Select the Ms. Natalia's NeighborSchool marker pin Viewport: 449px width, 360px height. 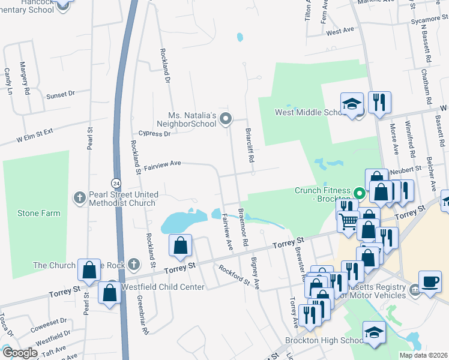click(226, 119)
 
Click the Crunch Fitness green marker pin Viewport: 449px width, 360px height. click(360, 194)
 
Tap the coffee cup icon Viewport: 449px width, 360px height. click(430, 281)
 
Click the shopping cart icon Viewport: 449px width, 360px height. click(348, 222)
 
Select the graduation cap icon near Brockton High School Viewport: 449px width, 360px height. click(374, 332)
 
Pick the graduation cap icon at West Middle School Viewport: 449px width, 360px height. click(352, 104)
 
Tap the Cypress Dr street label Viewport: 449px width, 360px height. click(154, 134)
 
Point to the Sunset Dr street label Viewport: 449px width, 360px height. click(60, 94)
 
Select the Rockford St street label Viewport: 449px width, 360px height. click(234, 275)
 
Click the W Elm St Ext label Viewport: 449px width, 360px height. click(35, 136)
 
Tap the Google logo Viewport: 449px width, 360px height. click(19, 353)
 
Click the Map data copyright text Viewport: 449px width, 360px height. click(423, 355)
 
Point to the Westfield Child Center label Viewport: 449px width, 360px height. click(163, 287)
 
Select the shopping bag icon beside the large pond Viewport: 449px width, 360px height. click(181, 245)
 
